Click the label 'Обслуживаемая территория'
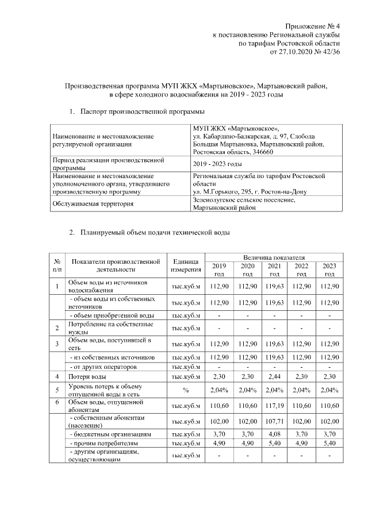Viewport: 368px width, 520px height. click(x=93, y=203)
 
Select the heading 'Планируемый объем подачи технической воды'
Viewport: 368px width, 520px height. click(x=155, y=233)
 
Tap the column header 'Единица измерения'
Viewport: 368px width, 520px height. click(x=186, y=265)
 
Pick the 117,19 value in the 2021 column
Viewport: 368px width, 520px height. click(x=274, y=406)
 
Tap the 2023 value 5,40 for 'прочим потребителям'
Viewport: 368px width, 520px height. click(x=329, y=444)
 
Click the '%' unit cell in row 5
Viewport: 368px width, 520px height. click(x=186, y=391)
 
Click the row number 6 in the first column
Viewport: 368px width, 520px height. click(x=57, y=403)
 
